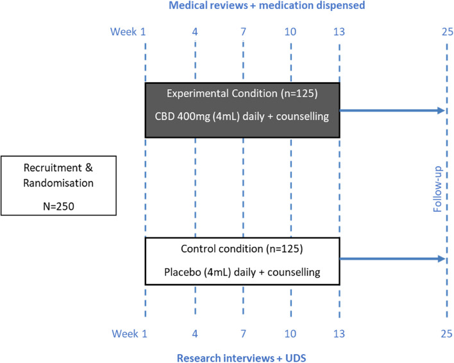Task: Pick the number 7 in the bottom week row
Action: coord(243,333)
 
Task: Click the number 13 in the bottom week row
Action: coord(339,333)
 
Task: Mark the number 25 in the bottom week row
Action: coord(446,333)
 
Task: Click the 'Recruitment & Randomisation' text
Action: coord(49,175)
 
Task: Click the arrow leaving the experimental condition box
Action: coord(392,111)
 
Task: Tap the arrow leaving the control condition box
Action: coord(392,258)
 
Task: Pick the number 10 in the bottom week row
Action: coord(291,333)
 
